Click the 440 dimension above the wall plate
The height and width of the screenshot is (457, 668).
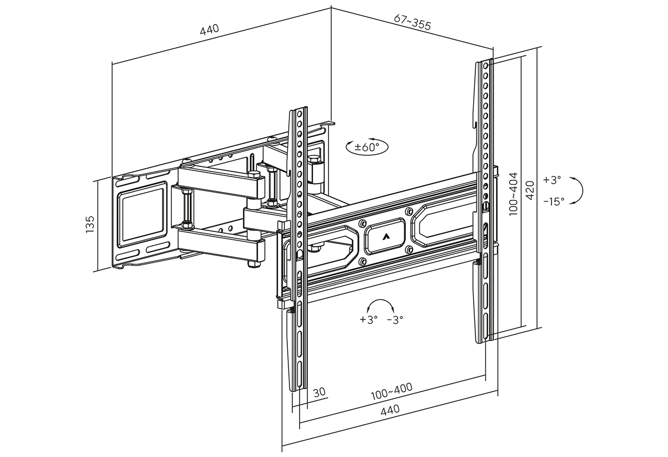tap(210, 29)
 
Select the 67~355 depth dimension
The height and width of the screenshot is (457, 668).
tap(412, 22)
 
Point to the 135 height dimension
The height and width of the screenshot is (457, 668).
tap(91, 225)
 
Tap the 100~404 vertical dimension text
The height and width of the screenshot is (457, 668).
tap(513, 193)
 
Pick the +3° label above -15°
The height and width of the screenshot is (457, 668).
tap(552, 180)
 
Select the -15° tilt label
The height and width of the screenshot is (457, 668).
tap(554, 201)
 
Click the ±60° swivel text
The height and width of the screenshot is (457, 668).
tap(367, 148)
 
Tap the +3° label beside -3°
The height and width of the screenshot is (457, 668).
tap(369, 319)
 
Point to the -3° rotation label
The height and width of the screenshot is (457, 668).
tap(395, 319)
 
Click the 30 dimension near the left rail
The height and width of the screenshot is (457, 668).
tap(319, 392)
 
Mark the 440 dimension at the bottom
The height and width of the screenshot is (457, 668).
tap(390, 411)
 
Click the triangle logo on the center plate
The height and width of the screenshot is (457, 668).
tap(386, 235)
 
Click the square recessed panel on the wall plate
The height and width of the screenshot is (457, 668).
tap(143, 214)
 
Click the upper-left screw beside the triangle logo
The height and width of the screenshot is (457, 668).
tap(363, 224)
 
